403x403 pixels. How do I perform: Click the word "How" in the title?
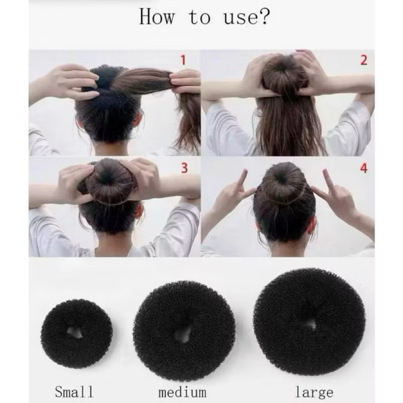point(157,17)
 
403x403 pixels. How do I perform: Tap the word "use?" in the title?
point(247,17)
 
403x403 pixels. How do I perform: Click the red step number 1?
point(183,60)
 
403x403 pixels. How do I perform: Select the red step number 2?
point(364,60)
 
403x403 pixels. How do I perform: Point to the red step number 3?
point(184,168)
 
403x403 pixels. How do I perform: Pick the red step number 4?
point(363,168)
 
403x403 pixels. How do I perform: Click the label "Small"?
point(74,392)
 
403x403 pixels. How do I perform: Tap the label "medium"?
point(182,392)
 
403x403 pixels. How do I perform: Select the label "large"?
point(314,392)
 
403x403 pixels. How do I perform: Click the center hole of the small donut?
point(75,333)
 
